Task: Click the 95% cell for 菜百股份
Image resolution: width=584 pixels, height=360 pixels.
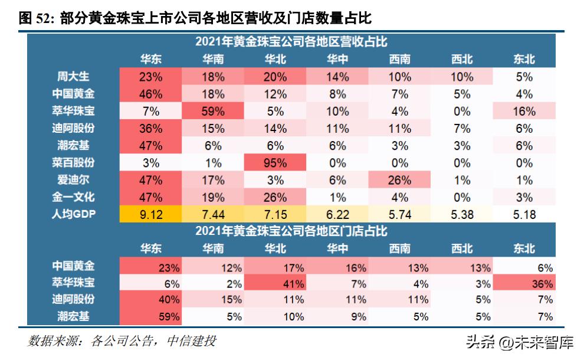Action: [275, 163]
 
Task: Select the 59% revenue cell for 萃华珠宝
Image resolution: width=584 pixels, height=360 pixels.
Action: [213, 111]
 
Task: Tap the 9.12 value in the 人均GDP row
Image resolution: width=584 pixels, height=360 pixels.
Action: [150, 214]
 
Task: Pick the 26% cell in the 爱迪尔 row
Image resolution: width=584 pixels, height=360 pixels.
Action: [399, 180]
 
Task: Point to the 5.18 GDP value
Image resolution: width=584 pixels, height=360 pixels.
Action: [523, 214]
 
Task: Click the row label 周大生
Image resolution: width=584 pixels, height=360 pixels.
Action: [73, 77]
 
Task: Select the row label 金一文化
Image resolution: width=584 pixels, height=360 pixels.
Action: [73, 197]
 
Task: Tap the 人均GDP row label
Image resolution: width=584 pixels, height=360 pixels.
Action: [73, 214]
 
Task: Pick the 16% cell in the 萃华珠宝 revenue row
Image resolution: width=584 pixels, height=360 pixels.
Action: [523, 111]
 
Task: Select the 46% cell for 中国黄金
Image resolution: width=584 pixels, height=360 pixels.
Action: [150, 94]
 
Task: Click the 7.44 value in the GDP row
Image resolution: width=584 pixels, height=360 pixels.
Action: [213, 214]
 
